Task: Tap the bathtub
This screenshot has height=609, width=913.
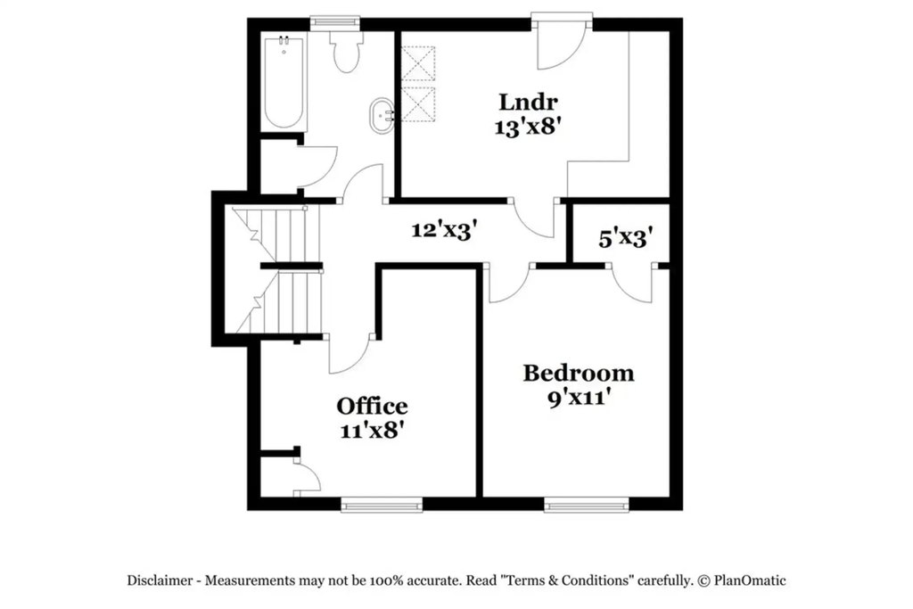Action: tap(284, 82)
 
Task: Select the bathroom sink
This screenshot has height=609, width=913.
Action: tap(382, 115)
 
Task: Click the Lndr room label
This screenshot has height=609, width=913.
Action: tap(528, 102)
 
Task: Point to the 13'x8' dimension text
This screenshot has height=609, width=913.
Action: tap(528, 127)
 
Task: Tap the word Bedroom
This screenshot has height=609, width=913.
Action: tap(578, 373)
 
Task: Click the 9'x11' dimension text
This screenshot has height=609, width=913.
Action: tap(580, 399)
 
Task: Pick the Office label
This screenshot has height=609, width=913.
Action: tap(372, 405)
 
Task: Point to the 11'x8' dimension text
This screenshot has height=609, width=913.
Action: tap(372, 431)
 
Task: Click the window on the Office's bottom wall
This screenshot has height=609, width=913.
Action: tap(382, 504)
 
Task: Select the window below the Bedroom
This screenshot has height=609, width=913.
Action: tap(587, 504)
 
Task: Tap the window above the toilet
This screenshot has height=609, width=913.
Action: tap(334, 22)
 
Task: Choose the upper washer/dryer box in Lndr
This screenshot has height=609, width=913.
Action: tap(419, 63)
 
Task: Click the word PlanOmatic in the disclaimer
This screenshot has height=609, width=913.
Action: tap(750, 580)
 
